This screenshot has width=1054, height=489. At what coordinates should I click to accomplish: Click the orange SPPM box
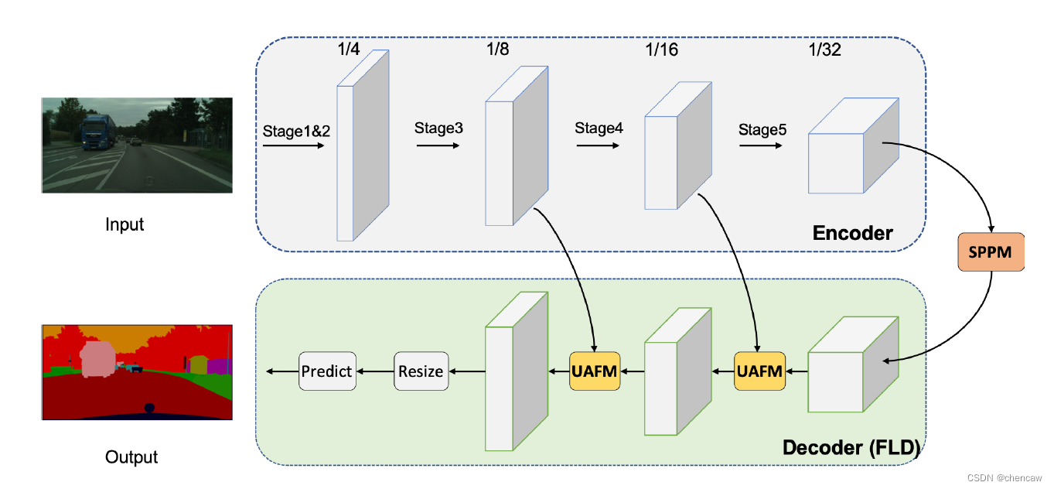point(990,251)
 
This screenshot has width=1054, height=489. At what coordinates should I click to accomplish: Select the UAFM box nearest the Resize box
point(594,371)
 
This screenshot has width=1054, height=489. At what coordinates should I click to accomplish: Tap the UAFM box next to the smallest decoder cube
point(759,371)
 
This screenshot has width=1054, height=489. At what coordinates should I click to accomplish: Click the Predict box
point(326,371)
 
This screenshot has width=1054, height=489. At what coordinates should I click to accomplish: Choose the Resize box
point(421,371)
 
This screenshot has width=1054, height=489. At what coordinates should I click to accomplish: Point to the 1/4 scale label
point(348,50)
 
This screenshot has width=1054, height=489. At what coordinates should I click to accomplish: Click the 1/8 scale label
point(497,50)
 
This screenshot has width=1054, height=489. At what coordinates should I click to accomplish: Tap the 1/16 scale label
point(661,50)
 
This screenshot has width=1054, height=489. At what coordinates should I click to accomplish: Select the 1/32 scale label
point(824,50)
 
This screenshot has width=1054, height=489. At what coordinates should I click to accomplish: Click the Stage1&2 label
point(296,131)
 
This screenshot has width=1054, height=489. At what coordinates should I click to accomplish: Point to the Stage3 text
point(438,128)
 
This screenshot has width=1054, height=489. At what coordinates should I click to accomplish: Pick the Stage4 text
point(599,128)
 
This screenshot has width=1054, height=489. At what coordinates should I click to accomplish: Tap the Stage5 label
point(762,130)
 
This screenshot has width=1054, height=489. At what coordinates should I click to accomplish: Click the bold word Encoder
point(852,233)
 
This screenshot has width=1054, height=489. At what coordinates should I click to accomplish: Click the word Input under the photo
point(125,225)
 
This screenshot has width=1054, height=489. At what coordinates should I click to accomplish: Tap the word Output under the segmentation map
point(131,457)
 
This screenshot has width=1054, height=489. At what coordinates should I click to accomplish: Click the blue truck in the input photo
point(97,133)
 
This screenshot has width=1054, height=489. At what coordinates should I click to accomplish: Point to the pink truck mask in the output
point(97,360)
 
